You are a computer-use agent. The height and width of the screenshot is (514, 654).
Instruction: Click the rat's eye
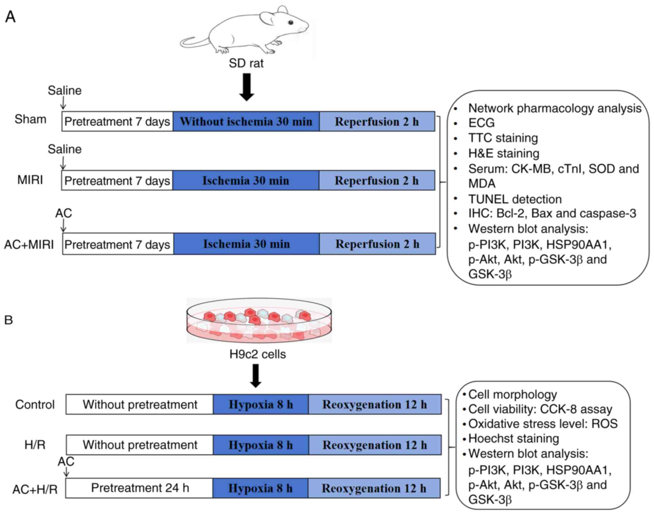(x=291, y=23)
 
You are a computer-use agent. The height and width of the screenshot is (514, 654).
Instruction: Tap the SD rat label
(x=246, y=63)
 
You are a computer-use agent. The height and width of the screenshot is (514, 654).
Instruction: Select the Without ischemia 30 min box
(x=246, y=122)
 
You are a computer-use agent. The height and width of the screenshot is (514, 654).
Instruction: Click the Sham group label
(x=30, y=119)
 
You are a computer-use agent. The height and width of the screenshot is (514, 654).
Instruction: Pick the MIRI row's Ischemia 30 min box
(x=246, y=180)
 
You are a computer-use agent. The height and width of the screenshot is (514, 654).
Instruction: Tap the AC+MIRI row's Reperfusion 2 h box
(x=377, y=244)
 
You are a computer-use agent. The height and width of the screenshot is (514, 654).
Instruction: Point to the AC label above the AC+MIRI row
(x=63, y=213)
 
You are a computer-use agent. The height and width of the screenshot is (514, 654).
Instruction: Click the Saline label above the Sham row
(x=64, y=90)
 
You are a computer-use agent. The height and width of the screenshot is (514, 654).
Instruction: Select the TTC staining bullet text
(x=503, y=138)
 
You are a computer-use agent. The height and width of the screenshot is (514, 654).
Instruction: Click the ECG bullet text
(x=481, y=123)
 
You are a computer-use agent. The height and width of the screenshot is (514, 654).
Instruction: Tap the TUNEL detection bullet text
(x=515, y=199)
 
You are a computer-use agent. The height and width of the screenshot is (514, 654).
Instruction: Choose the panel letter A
(x=10, y=17)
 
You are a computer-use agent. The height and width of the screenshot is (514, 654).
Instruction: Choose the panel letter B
(x=8, y=320)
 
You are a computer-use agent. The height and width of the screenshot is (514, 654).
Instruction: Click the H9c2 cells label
(x=257, y=354)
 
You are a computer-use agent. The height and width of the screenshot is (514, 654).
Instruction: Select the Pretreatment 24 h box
(x=140, y=488)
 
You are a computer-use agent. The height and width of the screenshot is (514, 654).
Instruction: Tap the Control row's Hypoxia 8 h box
(x=261, y=404)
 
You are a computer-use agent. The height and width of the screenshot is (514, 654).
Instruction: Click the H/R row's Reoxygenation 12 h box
(x=375, y=445)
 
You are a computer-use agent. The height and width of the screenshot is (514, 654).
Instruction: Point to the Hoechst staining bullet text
(x=513, y=438)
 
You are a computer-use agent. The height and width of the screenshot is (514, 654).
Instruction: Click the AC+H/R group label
(x=35, y=489)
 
